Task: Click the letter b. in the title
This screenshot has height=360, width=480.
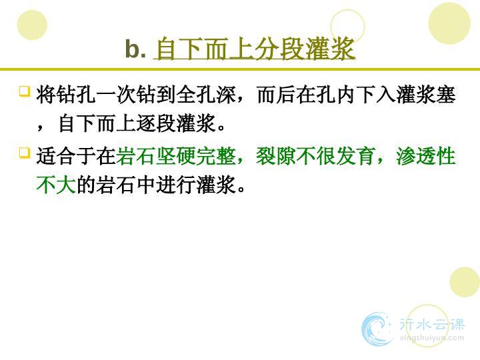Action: (x=135, y=49)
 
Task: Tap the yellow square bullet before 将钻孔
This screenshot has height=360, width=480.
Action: (x=25, y=91)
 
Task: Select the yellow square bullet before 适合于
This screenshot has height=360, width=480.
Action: (x=25, y=153)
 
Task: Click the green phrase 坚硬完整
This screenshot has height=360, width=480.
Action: (x=196, y=157)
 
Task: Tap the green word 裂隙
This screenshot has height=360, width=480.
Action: (x=276, y=157)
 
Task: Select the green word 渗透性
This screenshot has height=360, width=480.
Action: (x=426, y=157)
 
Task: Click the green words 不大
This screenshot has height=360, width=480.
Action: (x=56, y=185)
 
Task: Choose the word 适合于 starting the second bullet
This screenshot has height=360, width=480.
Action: (x=66, y=157)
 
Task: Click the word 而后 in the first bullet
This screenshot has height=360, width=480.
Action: (x=276, y=95)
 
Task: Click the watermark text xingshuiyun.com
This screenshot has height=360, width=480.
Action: (x=432, y=338)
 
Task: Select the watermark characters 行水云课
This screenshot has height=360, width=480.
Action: (x=432, y=325)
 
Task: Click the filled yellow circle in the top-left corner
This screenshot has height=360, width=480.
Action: (x=32, y=25)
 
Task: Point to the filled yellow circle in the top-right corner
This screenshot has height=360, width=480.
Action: (x=449, y=23)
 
